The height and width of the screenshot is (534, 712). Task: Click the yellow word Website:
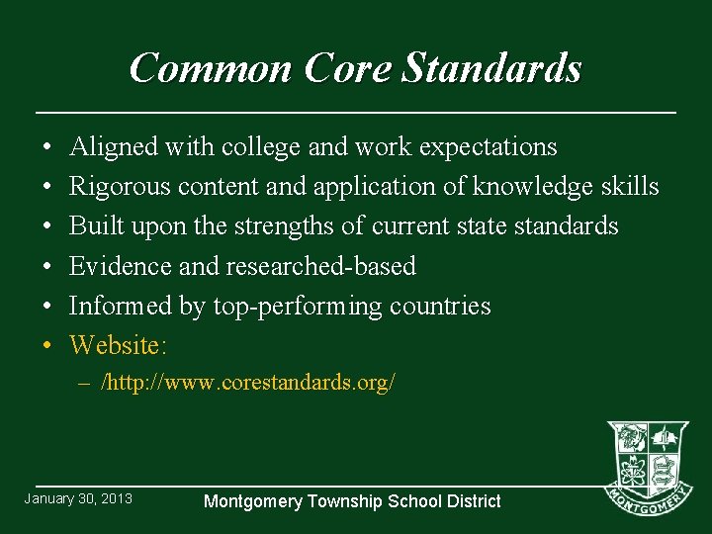[119, 345]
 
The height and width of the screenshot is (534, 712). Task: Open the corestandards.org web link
[249, 383]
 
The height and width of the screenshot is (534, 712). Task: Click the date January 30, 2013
[78, 498]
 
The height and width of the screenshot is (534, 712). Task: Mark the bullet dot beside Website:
[48, 346]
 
